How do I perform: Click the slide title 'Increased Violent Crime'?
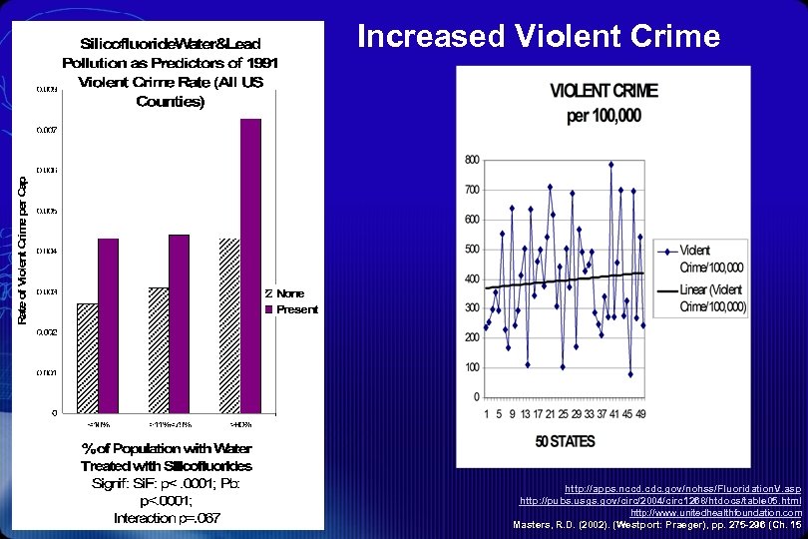tap(538, 37)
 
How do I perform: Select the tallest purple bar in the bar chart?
tap(250, 265)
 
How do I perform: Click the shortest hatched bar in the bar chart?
tap(88, 357)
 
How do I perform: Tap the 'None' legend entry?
tap(290, 293)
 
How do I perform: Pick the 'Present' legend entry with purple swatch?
tap(296, 309)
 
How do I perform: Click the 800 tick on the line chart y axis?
tap(472, 161)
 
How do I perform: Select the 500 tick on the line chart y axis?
tap(472, 250)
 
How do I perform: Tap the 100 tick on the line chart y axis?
tap(472, 367)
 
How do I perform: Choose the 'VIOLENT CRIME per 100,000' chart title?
tap(605, 104)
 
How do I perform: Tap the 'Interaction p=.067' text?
tap(167, 517)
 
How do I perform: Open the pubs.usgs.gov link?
tap(660, 500)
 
